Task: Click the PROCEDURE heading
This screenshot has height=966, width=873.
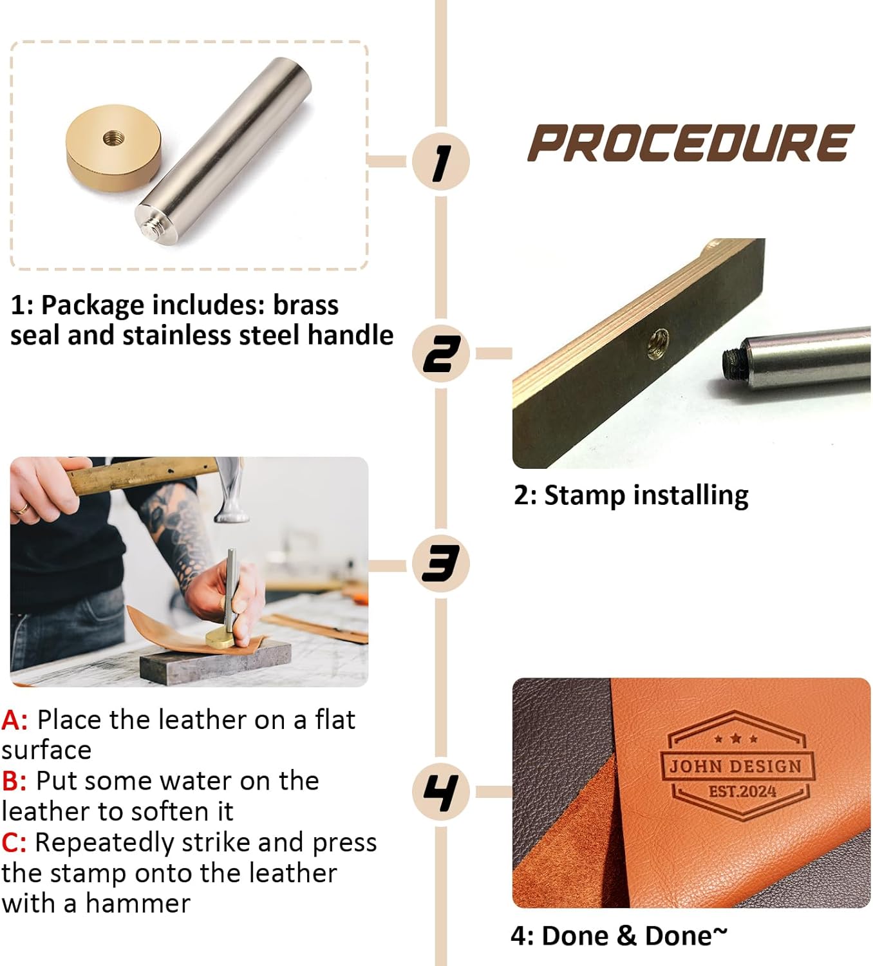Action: tap(691, 142)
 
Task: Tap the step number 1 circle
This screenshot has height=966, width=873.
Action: tap(440, 161)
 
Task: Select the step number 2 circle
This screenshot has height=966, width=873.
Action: tap(440, 354)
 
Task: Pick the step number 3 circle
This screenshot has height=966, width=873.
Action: tap(440, 564)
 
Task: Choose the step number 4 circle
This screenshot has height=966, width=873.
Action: tap(440, 792)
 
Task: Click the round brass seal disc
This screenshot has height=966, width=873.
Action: tap(113, 147)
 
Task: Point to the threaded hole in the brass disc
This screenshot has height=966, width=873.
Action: tap(114, 138)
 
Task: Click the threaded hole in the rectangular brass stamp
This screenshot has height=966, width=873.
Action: tap(658, 344)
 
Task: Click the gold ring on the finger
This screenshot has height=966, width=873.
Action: tap(23, 509)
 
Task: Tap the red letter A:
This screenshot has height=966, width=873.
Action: tap(14, 721)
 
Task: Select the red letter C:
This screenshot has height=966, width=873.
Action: tap(14, 843)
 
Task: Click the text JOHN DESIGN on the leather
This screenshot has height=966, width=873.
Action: tap(736, 766)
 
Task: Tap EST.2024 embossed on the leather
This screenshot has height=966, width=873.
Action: tap(742, 791)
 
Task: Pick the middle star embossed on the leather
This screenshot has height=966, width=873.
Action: tap(736, 738)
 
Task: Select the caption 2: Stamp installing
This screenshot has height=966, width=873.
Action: tap(632, 495)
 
